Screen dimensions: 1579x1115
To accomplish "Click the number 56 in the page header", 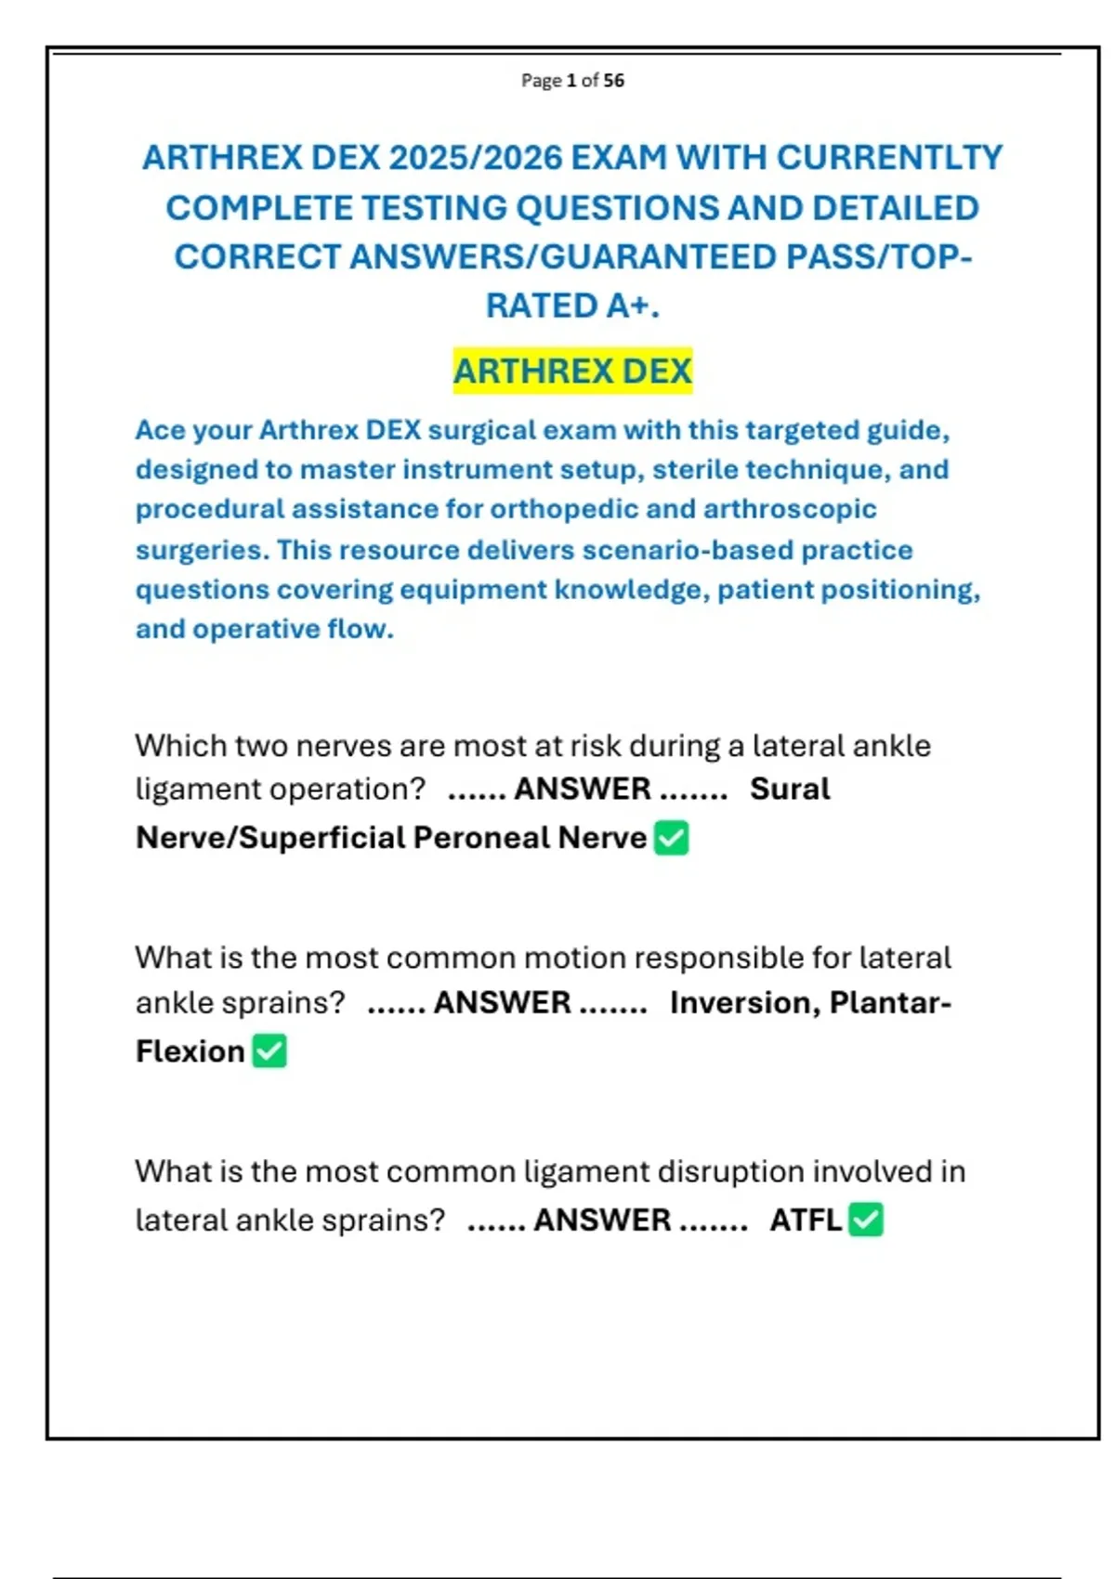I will (613, 81).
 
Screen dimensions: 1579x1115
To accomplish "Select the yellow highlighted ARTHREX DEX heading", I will (572, 372).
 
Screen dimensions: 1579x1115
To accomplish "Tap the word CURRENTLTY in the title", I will (889, 158).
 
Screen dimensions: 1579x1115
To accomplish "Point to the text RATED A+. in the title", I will (572, 306).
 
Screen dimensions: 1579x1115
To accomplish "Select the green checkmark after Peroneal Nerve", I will (671, 838).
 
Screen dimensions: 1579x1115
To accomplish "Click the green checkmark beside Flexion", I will (269, 1051).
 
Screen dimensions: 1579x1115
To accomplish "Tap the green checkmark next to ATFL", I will (866, 1220).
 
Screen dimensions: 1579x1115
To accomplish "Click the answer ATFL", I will (805, 1220).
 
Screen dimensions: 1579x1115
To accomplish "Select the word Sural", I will (790, 789).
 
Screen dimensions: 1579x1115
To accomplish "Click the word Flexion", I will (190, 1051).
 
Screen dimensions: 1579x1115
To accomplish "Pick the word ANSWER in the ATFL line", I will (602, 1220).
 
